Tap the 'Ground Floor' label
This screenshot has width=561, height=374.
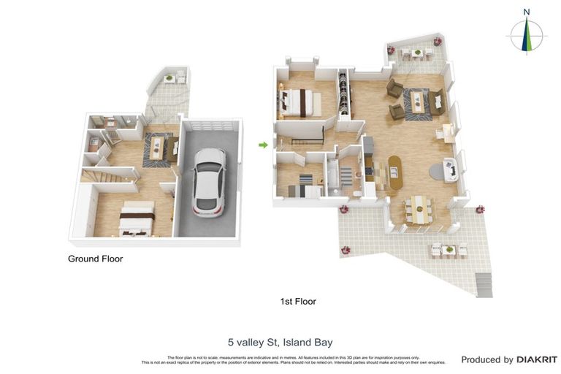pos(95,259)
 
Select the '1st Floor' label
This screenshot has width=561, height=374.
pos(298,301)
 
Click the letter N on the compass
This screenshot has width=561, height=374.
pos(526,12)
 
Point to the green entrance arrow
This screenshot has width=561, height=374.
pos(263,145)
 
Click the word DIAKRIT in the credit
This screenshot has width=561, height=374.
pos(537,359)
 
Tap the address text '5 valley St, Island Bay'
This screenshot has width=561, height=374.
pos(280,341)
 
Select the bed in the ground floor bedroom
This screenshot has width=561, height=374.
pos(136,219)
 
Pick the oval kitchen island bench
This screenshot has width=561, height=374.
pos(395,172)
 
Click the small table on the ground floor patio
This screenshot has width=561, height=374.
pos(169,77)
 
